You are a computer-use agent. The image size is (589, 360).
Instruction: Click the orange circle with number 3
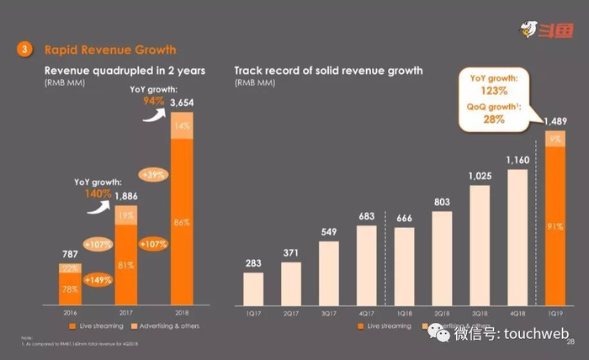pos(25,50)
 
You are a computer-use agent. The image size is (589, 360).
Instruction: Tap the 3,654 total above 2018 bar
pos(183,103)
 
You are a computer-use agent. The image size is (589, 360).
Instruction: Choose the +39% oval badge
pos(153,175)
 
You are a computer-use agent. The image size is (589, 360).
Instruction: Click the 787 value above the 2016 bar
pos(70,253)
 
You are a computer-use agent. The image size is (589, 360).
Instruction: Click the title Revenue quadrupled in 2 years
pos(125,71)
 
